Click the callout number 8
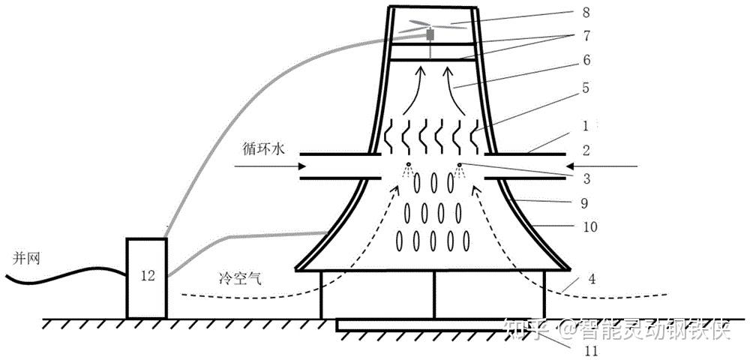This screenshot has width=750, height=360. [584, 12]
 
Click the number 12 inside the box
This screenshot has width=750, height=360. [147, 275]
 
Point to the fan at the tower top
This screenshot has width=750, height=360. [430, 32]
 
